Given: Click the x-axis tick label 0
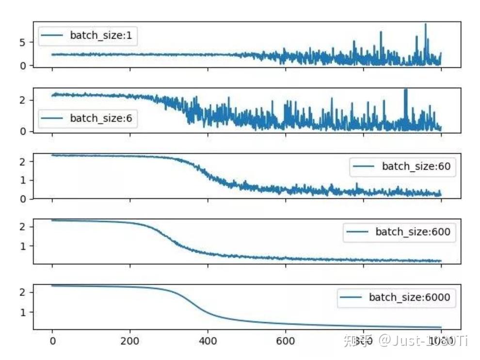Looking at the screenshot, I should coord(52,341).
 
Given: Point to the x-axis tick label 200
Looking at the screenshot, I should coord(130,341).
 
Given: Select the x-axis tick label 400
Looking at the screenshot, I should coord(208,341).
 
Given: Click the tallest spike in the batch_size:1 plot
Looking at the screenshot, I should coord(425,24).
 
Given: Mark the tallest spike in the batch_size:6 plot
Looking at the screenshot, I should coord(405,90).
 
